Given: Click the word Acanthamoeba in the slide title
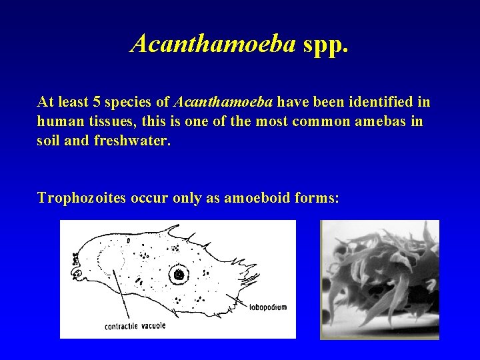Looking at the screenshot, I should coord(213,43).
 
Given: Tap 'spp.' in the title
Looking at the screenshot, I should coord(325,45).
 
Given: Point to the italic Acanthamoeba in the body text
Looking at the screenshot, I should coord(223,103).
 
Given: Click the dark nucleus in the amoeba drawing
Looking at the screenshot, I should coord(179,274).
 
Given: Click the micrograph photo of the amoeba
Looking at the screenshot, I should coord(379,279).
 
